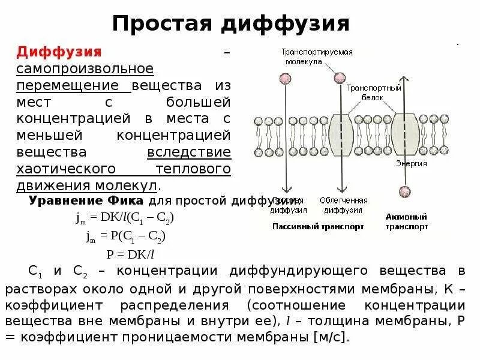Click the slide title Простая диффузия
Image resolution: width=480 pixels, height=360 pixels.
point(231,23)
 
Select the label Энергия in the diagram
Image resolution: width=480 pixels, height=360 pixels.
point(412,163)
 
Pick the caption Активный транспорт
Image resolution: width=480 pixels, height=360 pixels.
point(407,222)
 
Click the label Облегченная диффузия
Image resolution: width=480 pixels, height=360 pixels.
point(340,205)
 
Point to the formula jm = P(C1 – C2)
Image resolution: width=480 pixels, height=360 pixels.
point(124,236)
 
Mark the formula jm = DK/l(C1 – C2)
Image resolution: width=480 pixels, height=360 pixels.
point(127,218)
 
